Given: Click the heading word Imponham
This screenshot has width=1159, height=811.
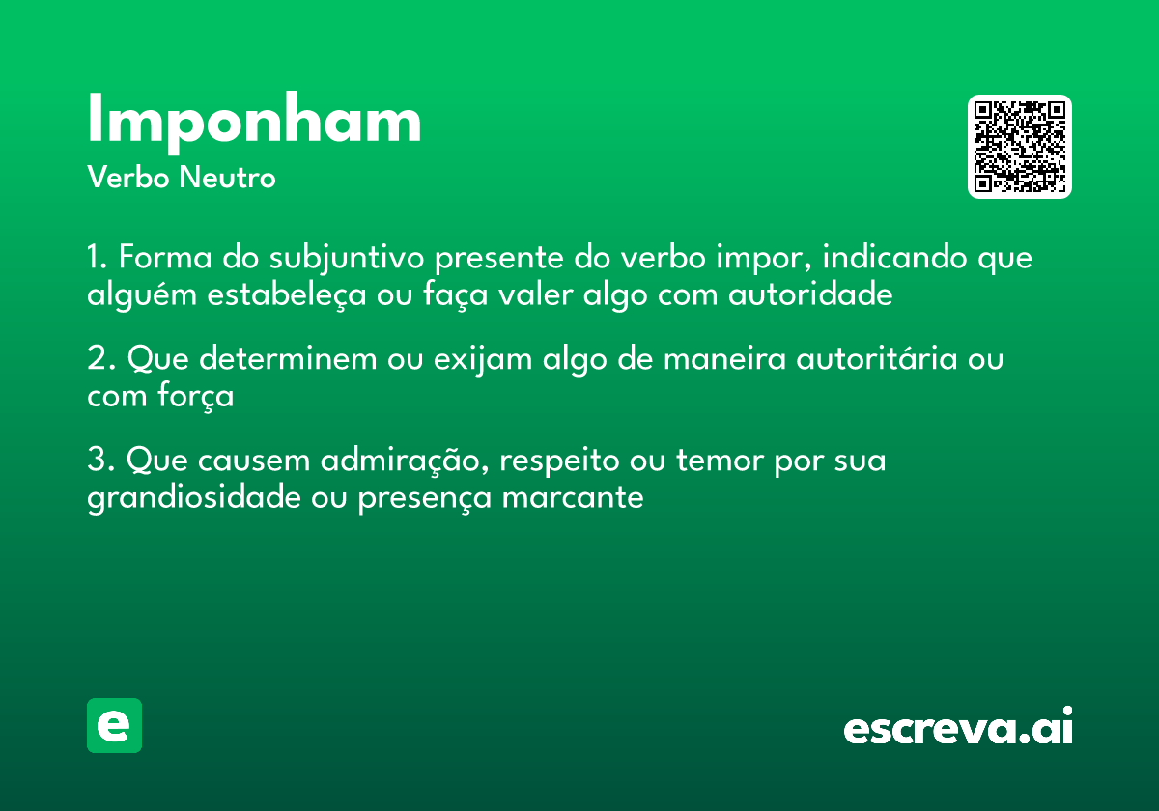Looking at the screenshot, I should coord(254,121).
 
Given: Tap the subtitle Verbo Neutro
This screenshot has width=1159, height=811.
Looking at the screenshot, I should coord(182,178).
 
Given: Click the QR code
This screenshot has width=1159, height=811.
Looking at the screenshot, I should coord(1020,147).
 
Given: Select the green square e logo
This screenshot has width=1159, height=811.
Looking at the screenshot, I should coord(114,725).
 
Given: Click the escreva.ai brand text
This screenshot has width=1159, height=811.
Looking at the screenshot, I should coord(958,726).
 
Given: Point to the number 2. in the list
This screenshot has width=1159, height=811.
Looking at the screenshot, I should coord(101,359).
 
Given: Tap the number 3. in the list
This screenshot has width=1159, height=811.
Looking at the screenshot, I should coord(101,461).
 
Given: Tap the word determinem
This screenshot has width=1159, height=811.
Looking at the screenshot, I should coord(287,359).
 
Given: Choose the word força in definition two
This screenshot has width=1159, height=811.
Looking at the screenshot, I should coord(197,396).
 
